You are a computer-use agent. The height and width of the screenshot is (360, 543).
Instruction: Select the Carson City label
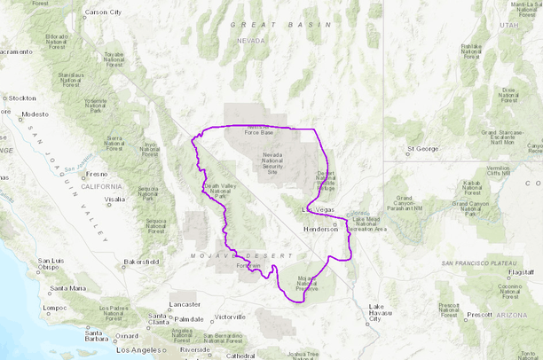(x=103, y=12)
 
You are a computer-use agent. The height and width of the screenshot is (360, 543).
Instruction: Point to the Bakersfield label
(x=141, y=262)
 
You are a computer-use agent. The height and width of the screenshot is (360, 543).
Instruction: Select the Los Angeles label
(x=142, y=350)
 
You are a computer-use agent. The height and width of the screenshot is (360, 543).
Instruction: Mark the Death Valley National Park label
(x=220, y=190)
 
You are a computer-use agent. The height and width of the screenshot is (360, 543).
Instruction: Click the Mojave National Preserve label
(x=306, y=284)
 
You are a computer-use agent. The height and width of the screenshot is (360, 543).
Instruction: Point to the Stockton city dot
(x=4, y=98)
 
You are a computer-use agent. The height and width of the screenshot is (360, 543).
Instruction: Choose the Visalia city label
(x=113, y=200)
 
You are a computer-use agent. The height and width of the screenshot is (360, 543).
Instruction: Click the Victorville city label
(x=229, y=317)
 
